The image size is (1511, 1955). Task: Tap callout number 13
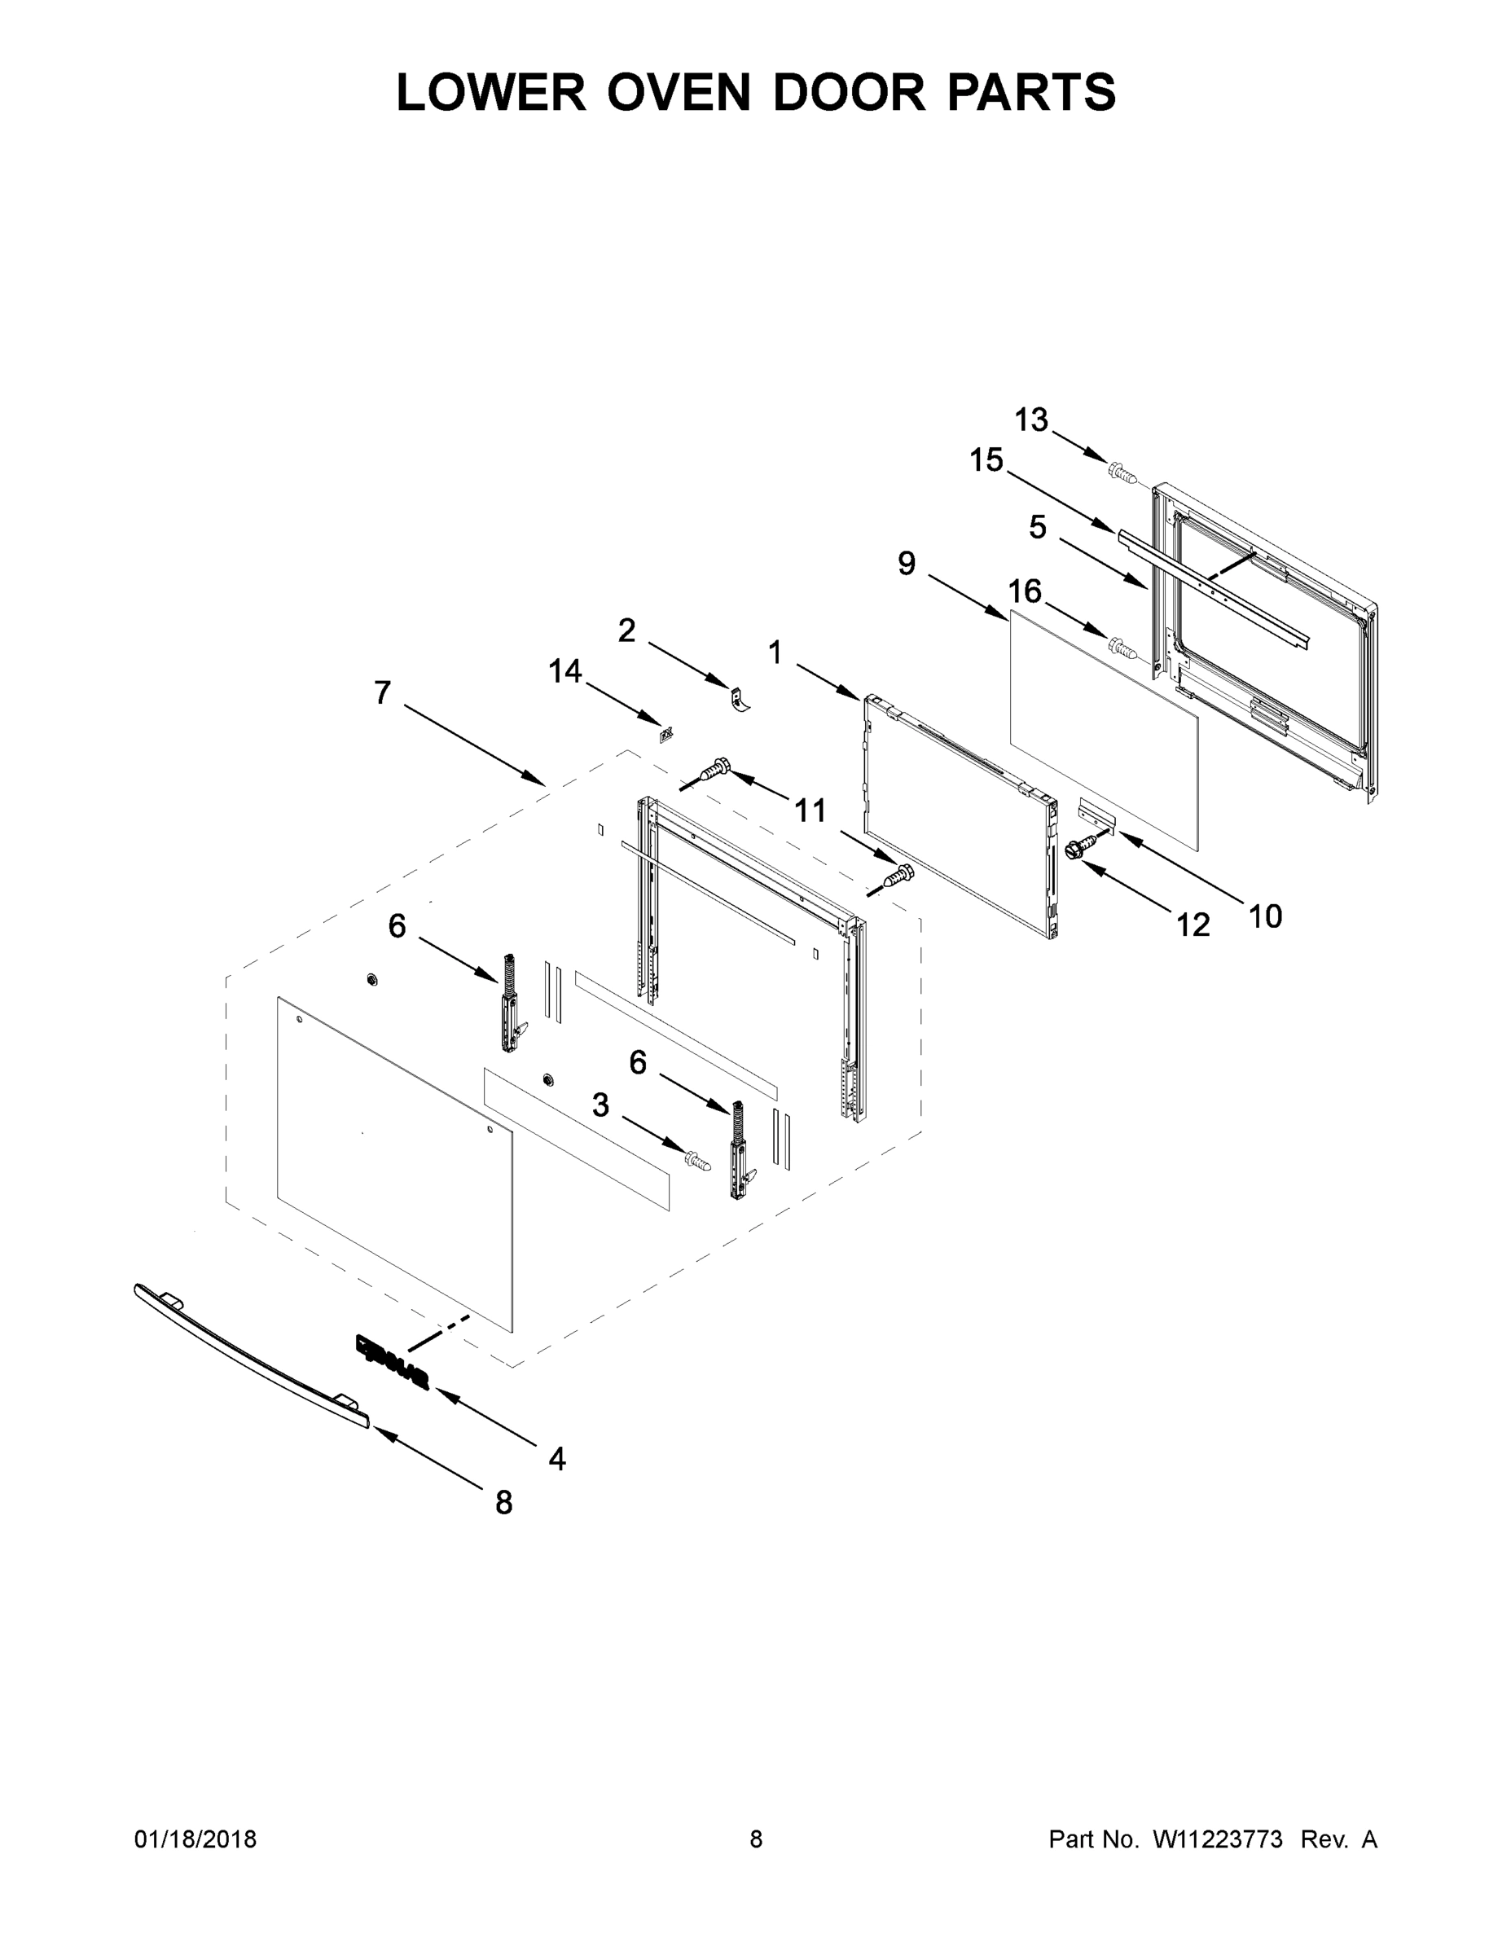[1031, 420]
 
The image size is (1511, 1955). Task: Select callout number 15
[986, 460]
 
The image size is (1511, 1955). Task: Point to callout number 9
[907, 563]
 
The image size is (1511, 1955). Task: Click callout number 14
[564, 670]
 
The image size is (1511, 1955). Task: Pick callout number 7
[382, 692]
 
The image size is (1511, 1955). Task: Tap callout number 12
[1193, 925]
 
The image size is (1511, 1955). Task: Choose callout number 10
[1265, 916]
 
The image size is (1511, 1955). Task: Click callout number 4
[557, 1458]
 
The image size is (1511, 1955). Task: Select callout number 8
[504, 1502]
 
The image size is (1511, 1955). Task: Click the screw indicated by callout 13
[1121, 471]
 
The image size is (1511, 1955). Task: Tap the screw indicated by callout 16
[1121, 644]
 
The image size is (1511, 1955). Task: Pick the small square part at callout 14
[666, 735]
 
